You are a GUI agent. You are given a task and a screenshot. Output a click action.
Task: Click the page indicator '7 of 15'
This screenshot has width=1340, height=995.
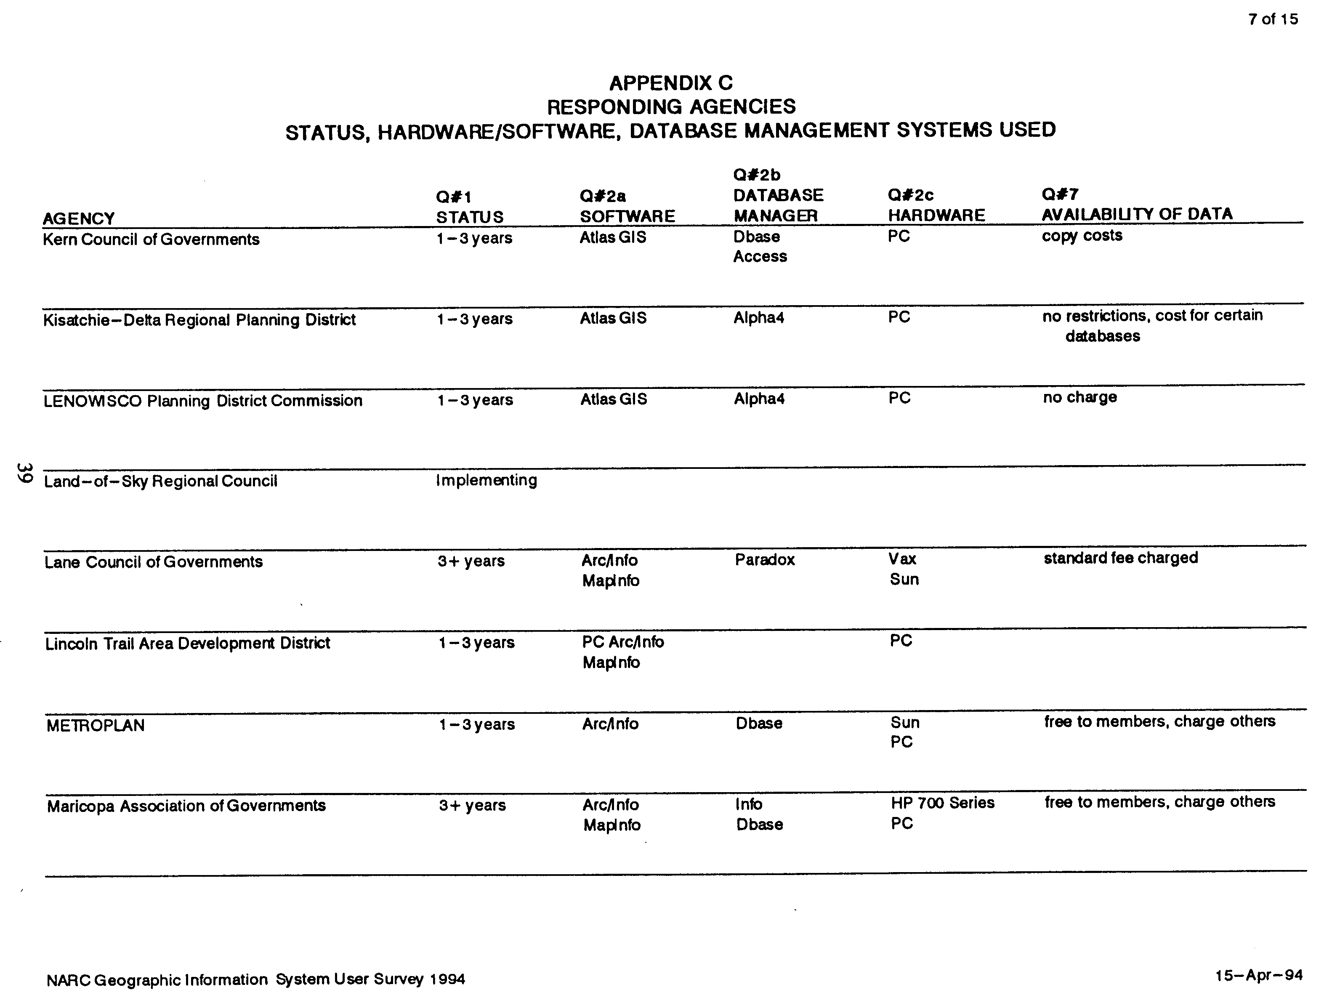[x=1273, y=19]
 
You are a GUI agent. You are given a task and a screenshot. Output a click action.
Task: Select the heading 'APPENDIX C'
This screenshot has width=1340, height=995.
[x=670, y=82]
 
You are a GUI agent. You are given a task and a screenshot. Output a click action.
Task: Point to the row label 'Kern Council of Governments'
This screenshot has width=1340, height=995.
[x=151, y=240]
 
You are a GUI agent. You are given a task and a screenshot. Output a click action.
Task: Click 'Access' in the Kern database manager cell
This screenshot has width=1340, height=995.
[x=760, y=257]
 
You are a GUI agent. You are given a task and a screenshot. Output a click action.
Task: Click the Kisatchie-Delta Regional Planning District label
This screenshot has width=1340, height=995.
[x=199, y=320]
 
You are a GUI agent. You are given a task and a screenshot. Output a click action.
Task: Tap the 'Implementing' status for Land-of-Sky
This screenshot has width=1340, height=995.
[x=486, y=480]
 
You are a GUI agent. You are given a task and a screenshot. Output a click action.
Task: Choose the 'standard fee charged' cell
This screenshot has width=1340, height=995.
[x=1120, y=558]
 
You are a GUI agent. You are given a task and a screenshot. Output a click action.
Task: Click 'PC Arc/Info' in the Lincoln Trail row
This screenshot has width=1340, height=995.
[x=623, y=642]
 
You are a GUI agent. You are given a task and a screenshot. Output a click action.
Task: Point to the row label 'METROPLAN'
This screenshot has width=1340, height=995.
[x=95, y=726]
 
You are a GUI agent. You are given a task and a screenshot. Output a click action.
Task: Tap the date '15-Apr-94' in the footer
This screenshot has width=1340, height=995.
[x=1258, y=975]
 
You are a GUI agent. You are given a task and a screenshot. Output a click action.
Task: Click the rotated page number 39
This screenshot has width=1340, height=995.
[x=24, y=472]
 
